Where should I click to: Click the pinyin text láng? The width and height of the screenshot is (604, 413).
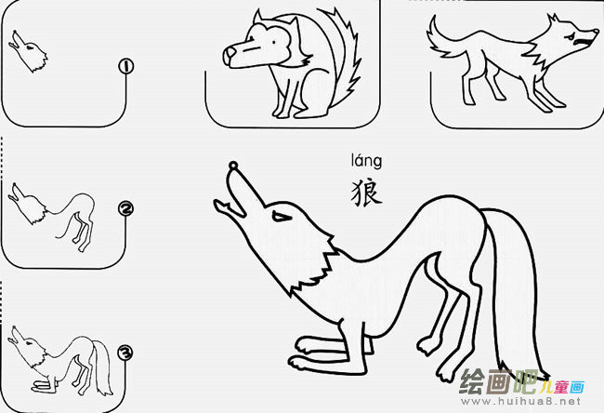365,167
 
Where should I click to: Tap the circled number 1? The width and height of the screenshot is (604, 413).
126,66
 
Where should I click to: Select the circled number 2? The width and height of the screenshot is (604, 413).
126,209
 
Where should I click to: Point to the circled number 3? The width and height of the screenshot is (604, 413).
126,353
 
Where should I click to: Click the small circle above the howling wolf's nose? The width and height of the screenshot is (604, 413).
232,167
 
